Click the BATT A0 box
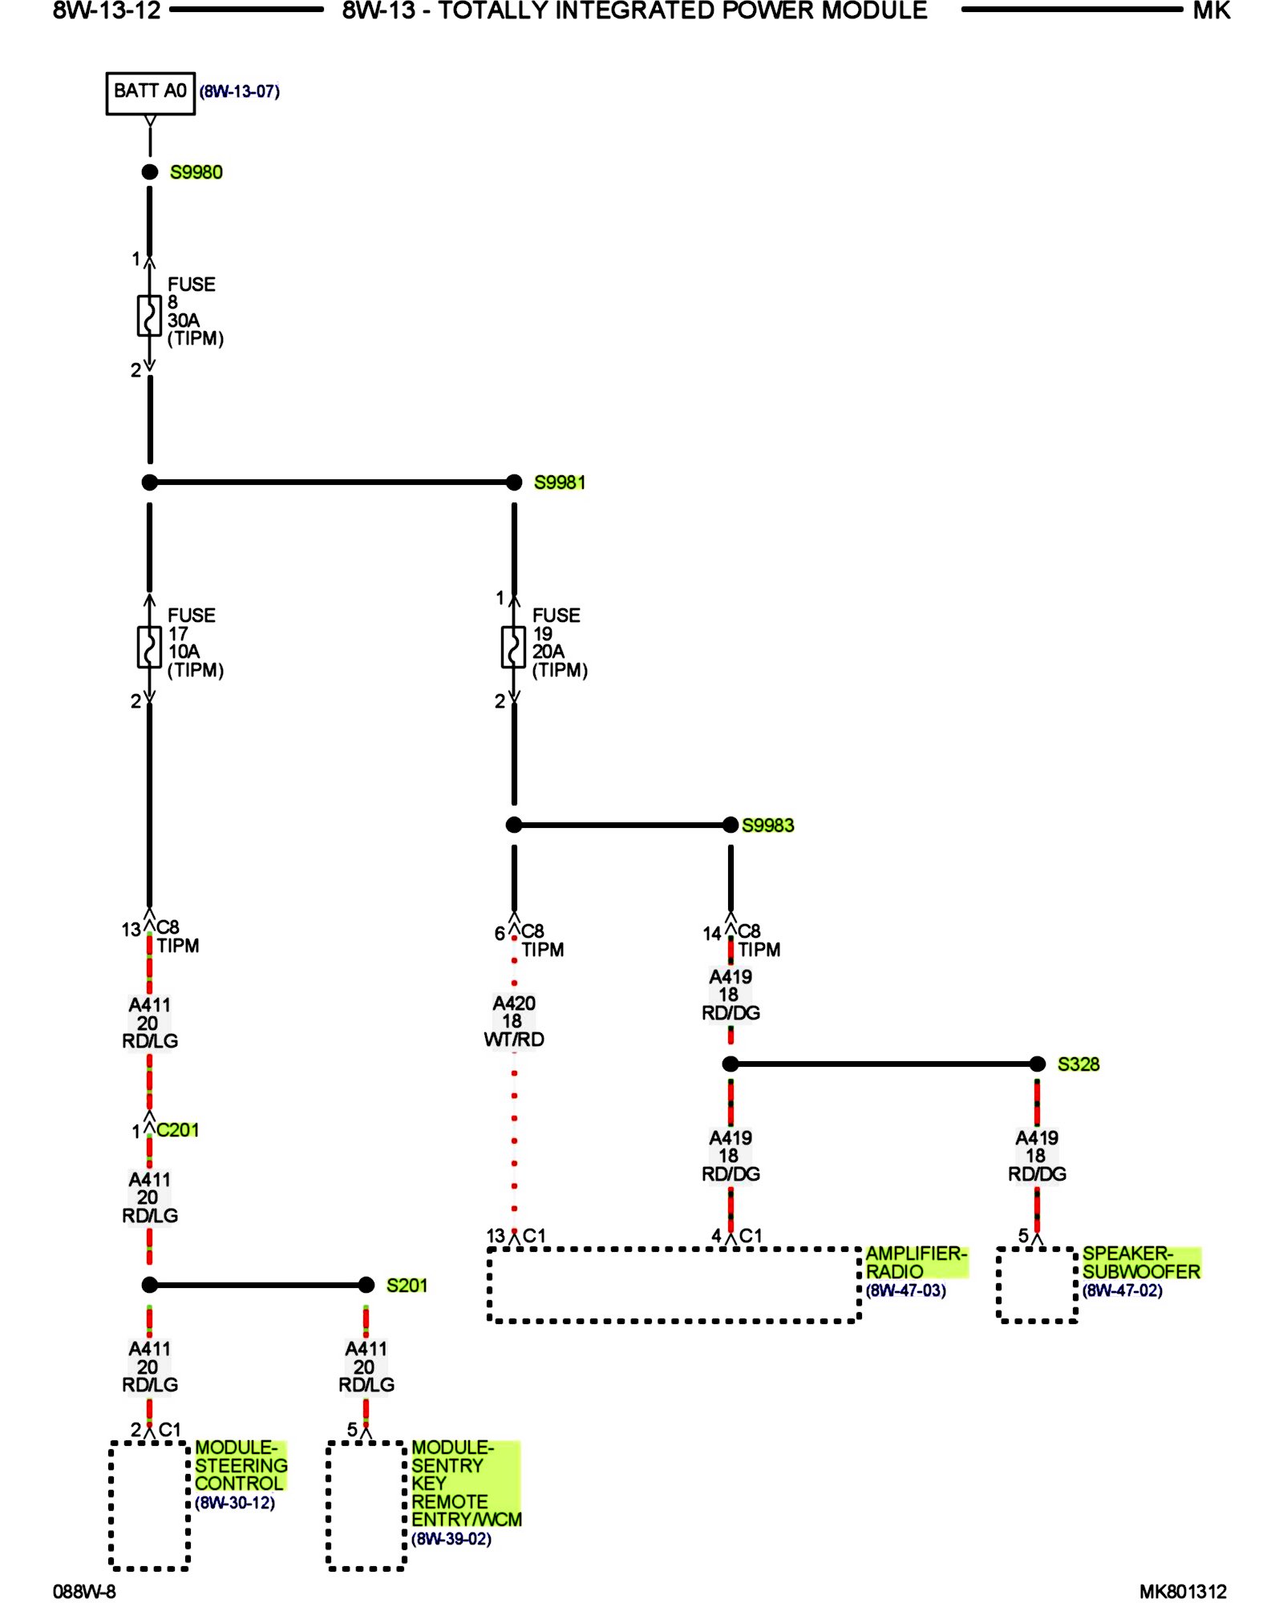coord(150,93)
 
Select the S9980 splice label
coord(196,172)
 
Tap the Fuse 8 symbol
coord(149,315)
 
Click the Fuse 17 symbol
coord(149,646)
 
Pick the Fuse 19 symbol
coord(513,646)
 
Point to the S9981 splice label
coord(560,483)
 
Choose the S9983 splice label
coord(767,826)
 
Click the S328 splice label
coord(1078,1064)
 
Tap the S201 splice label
coord(407,1286)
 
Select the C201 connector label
coord(177,1130)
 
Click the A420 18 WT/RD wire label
coord(514,1021)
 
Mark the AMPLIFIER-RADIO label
coord(916,1262)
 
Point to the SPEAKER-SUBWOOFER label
coord(1140,1262)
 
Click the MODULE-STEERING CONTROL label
coord(240,1465)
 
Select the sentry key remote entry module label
coord(465,1483)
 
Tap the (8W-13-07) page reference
coord(239,91)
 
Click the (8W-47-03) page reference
coord(905,1290)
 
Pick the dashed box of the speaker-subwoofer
coord(1037,1285)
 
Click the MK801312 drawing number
coord(1183,1592)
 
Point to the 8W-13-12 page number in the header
coord(107,11)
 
